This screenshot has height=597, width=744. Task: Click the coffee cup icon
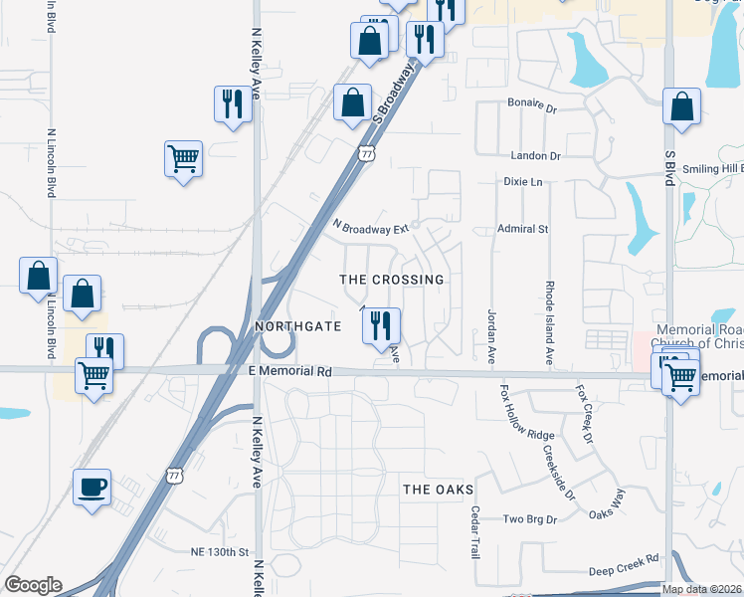point(93,488)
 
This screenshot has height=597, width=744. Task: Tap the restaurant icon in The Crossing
point(380,325)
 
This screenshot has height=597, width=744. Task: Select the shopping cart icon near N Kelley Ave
point(184,158)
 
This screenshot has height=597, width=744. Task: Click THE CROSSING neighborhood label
point(392,280)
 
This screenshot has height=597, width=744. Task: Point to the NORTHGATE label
point(298,326)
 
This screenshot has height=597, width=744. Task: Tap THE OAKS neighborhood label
point(438,490)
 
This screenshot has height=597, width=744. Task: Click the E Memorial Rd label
point(288,371)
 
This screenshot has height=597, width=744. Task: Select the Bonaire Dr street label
point(535,103)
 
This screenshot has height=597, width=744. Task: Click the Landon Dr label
point(536,156)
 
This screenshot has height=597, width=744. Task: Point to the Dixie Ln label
point(523,182)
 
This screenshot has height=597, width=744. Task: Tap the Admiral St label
point(523,229)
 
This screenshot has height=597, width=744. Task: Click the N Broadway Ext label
point(370,228)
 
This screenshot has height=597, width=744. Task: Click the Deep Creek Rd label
point(624,565)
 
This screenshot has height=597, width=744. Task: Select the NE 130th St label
point(218,551)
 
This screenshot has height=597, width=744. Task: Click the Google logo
point(33,585)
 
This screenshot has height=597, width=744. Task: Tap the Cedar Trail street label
point(474,532)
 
